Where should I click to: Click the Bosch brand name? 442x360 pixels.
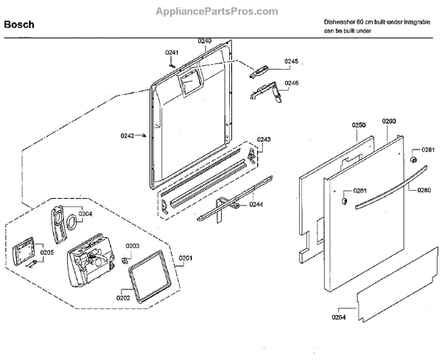coord(20,24)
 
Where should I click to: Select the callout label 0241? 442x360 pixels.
coord(172,52)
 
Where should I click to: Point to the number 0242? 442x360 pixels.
coord(127,135)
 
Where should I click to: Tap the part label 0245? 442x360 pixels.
coord(292,61)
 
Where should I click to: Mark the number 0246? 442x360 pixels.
coord(292,83)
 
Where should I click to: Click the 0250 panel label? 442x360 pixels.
coord(358,126)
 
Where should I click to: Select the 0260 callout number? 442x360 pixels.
coord(389,121)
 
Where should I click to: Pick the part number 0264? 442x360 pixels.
coord(340,318)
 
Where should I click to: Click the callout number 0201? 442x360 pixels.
coord(186,258)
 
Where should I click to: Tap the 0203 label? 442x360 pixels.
coord(133,246)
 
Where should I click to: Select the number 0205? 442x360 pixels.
coord(47,253)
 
